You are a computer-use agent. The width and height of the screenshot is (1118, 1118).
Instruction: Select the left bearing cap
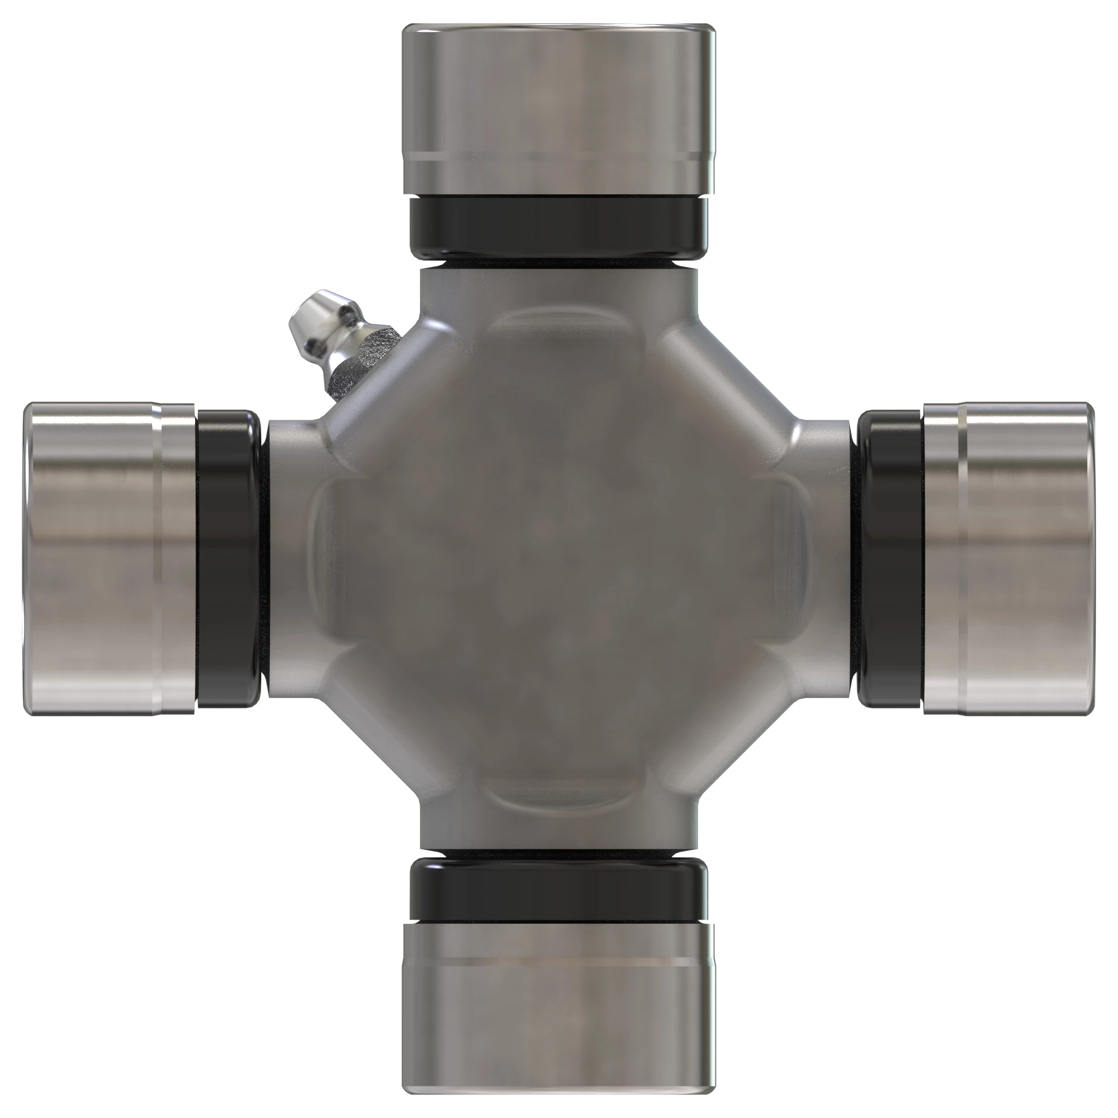(110, 558)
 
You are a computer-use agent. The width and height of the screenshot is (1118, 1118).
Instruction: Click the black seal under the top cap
(558, 227)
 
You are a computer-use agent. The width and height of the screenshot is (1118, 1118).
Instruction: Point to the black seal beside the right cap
(890, 558)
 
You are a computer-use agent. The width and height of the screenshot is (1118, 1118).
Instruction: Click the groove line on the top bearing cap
(558, 157)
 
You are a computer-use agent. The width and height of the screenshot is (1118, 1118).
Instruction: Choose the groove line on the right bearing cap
(961, 558)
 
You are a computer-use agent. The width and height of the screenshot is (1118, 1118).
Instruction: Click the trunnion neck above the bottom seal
(558, 833)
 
